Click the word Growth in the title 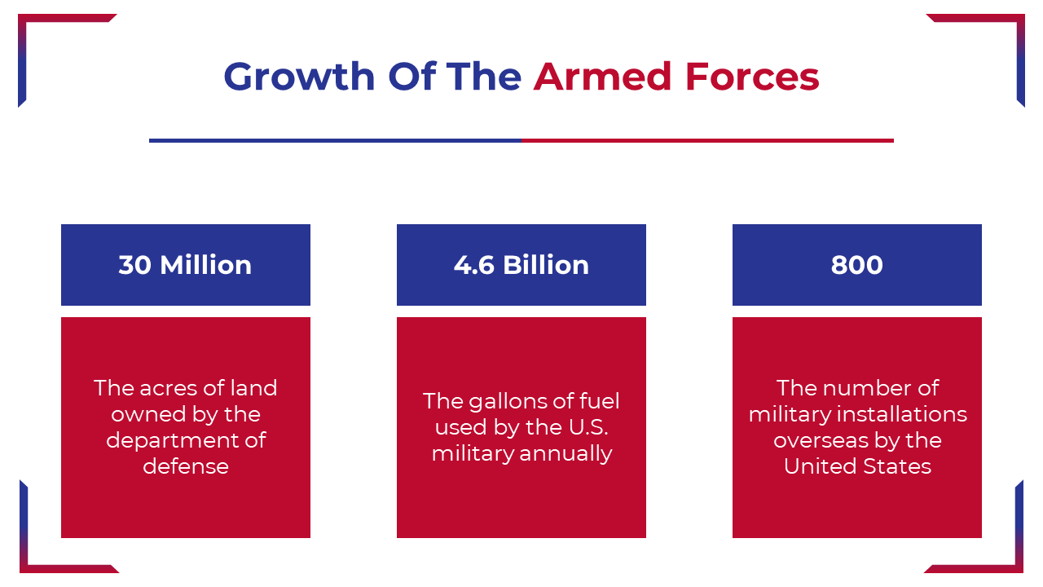299,77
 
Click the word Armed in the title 602,76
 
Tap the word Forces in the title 752,76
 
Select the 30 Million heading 185,265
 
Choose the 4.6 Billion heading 521,265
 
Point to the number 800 856,265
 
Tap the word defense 186,466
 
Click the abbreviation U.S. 588,427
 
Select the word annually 566,454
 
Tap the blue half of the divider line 335,141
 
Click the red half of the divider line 708,141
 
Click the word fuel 601,401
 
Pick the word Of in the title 411,77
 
